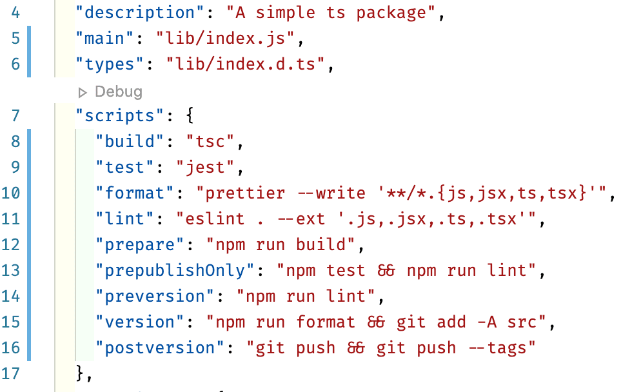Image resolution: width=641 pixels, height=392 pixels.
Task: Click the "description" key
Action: (135, 13)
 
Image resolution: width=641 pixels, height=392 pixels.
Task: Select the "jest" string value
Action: (208, 168)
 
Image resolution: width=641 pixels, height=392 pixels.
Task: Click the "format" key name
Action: (135, 193)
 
